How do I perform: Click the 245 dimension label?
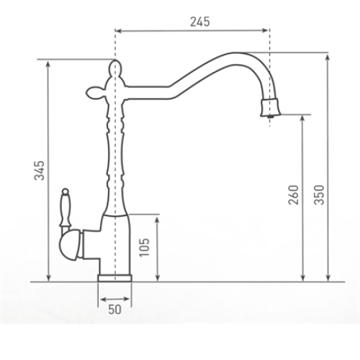point(200,22)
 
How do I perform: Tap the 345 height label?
point(40,171)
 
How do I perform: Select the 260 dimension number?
point(293,194)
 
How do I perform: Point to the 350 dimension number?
point(320,194)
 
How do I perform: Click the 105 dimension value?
point(145,247)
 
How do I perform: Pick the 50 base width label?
point(115,310)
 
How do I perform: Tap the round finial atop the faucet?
point(115,67)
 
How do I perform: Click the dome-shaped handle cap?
point(71,245)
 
